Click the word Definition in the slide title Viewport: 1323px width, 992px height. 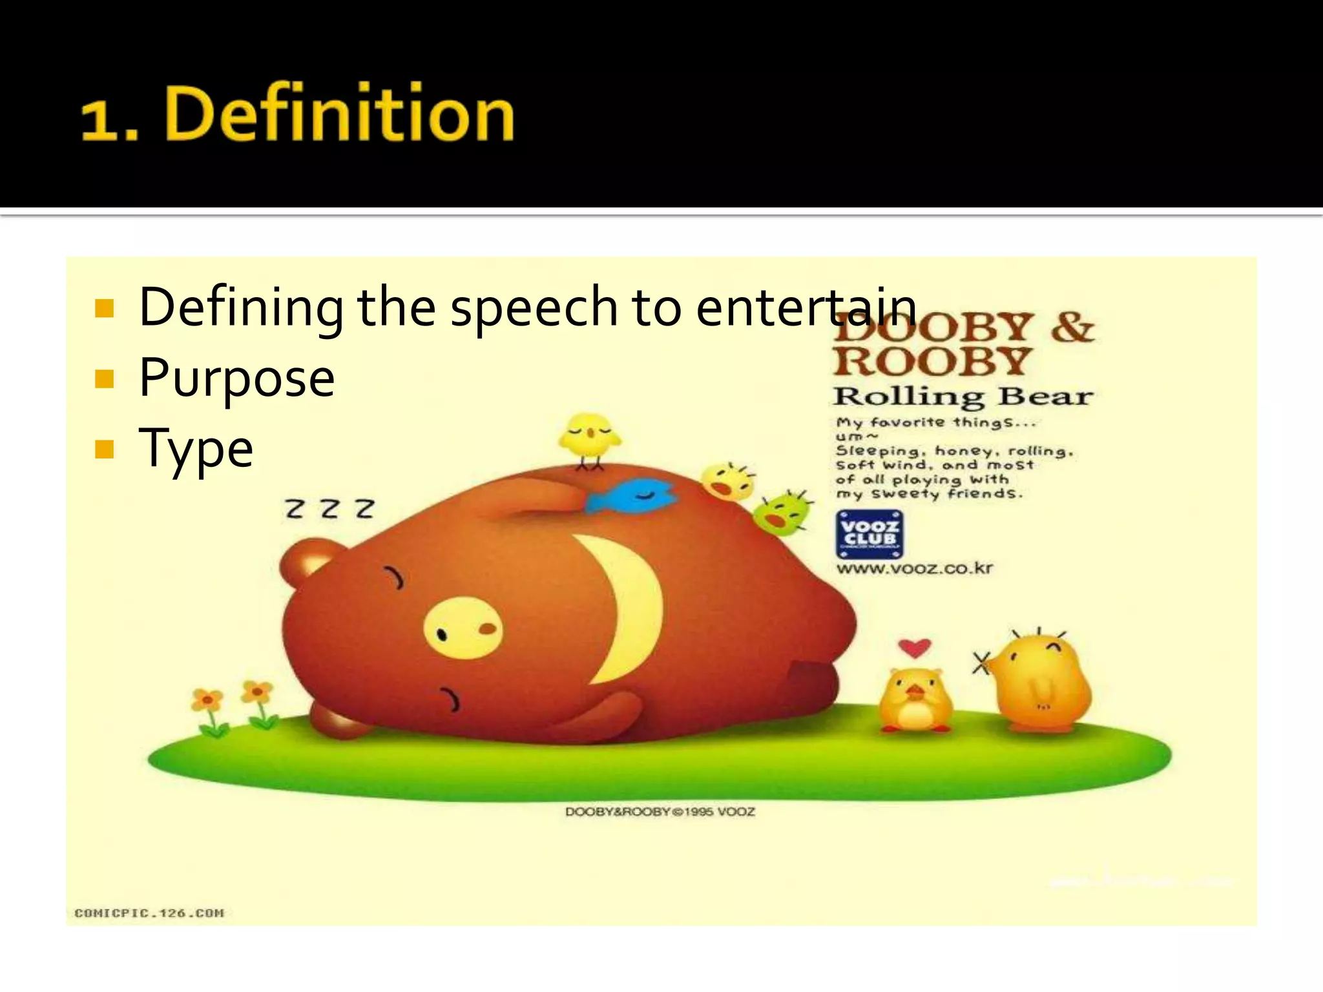[x=340, y=114]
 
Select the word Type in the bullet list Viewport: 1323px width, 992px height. [x=196, y=448]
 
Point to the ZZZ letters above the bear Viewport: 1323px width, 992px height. [x=330, y=509]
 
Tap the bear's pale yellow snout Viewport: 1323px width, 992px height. [x=463, y=628]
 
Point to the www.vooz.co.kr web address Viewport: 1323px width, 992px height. [x=914, y=569]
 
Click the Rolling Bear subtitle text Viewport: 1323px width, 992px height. [x=963, y=397]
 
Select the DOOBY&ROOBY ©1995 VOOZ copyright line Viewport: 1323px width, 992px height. [x=660, y=812]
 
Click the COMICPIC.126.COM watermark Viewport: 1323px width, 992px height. [x=149, y=913]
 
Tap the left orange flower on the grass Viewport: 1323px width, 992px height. [x=207, y=701]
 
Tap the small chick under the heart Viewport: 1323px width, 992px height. [x=915, y=701]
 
